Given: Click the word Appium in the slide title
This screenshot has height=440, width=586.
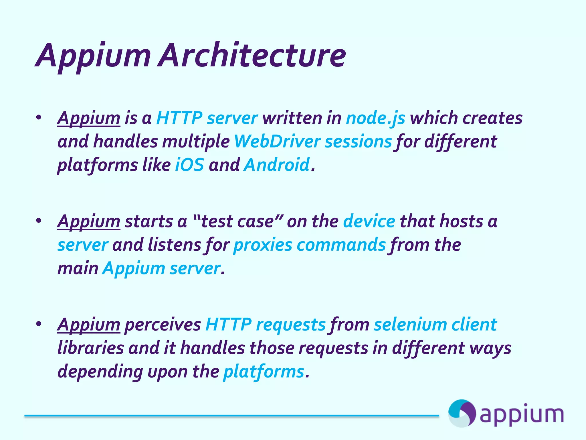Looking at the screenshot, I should (93, 56).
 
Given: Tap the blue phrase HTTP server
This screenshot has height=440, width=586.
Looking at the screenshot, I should (207, 118).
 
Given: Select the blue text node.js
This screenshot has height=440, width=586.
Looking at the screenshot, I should (375, 118).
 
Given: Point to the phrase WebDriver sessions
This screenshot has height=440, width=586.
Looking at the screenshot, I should (313, 142).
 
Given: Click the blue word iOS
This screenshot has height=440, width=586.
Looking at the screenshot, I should (189, 165).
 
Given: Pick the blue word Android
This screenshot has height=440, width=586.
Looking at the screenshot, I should (277, 165).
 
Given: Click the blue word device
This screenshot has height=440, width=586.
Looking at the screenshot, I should (369, 221).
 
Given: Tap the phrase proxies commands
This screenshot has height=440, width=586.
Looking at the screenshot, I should (310, 245).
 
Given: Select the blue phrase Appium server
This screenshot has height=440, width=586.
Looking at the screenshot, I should (162, 268).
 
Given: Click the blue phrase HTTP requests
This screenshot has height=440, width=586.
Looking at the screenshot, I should (265, 325).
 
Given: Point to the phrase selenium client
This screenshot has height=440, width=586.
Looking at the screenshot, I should (435, 325).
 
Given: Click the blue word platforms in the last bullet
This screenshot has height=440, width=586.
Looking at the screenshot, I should (264, 372).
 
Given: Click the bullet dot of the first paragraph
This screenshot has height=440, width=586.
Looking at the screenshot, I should (39, 117).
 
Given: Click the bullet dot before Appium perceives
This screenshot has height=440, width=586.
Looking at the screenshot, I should (39, 324).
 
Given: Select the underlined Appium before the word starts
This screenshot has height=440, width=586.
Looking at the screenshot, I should (89, 221).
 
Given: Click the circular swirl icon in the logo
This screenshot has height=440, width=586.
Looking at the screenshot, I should (462, 413).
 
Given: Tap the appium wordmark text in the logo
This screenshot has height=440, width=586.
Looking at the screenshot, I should (521, 415).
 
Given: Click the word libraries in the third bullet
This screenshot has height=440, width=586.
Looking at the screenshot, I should (91, 348).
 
